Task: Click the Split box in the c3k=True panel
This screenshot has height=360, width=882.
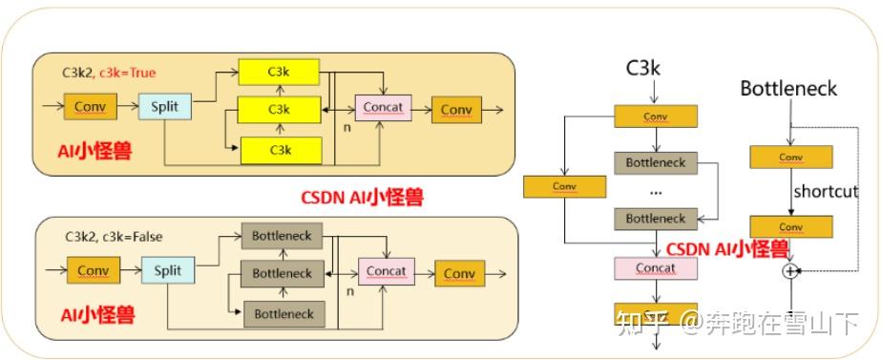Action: pos(165,105)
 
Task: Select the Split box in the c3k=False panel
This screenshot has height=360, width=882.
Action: pos(167,271)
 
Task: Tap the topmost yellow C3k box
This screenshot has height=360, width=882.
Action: pos(279,72)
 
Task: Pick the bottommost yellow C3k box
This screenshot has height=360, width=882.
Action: pos(279,150)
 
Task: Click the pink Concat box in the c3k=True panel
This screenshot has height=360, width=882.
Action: pos(382,107)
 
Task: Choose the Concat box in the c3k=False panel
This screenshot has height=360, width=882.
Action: pos(386,271)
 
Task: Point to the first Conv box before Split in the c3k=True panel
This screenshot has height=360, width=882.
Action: pos(90,106)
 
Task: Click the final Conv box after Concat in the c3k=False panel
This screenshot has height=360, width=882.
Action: pos(459,273)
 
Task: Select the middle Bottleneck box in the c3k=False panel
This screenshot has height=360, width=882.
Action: pos(282,273)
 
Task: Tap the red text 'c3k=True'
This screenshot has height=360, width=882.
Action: pos(127,72)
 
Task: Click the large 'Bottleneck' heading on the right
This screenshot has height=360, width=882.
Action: pos(788,89)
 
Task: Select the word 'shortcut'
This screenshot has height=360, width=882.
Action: pos(826,191)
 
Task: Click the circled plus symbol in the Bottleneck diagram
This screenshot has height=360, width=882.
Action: pos(789,271)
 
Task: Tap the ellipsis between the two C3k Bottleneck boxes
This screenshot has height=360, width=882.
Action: pos(656,190)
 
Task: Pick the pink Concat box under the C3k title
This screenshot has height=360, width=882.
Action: pos(656,268)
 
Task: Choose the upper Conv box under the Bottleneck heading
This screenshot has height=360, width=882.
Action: pos(790,157)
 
